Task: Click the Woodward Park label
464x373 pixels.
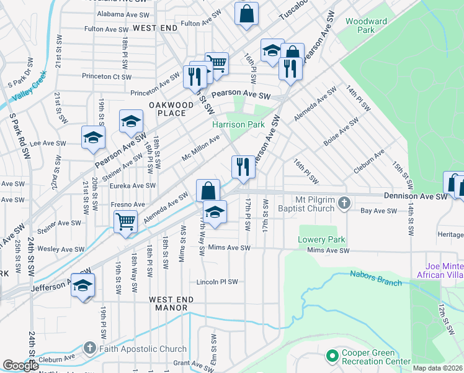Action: point(366,25)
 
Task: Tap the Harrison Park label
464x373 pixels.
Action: point(238,124)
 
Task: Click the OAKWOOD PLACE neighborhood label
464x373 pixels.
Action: point(167,109)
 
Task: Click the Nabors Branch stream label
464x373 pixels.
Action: point(376,277)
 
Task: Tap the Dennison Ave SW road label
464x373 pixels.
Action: point(415,196)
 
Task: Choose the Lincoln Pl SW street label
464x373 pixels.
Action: point(217,282)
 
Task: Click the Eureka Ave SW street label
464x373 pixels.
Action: point(132,185)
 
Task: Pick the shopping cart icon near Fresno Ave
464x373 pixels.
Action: point(125,221)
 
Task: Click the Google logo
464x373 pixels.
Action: point(20,366)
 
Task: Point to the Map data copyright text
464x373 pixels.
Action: point(438,368)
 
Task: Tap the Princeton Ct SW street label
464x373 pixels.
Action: point(106,77)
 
